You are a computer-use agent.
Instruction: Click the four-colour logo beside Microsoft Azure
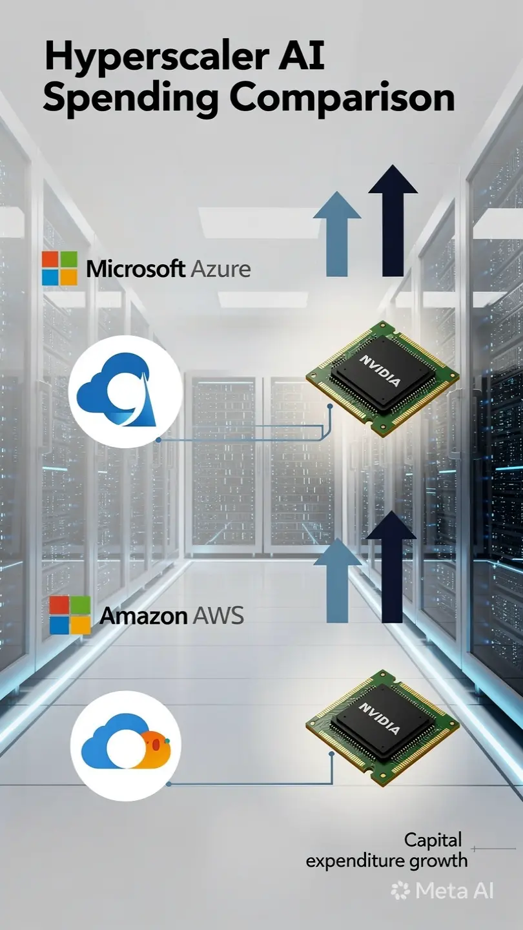pos(60,268)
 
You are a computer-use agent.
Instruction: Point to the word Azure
pos(221,269)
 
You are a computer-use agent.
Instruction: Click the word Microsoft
pos(136,269)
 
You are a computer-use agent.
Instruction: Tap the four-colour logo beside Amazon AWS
pos(70,615)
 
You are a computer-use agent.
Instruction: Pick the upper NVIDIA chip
pos(383,378)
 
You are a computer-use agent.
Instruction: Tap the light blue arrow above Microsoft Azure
pos(336,234)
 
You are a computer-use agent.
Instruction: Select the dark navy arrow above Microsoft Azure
pos(393,220)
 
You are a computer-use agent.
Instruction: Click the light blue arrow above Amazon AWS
pos(338,581)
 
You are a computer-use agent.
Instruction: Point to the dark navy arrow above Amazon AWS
pos(391,567)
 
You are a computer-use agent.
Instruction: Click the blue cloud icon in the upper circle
pos(117,390)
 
